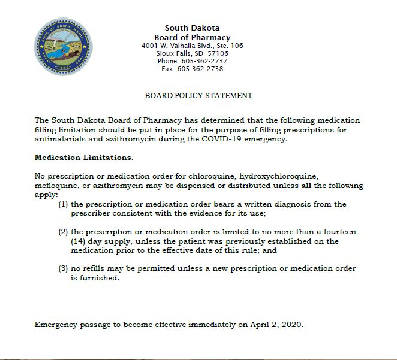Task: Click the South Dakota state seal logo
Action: coord(62,47)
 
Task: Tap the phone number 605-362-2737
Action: coord(204,61)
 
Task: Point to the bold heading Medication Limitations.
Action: coord(84,158)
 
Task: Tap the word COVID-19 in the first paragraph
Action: coord(221,140)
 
